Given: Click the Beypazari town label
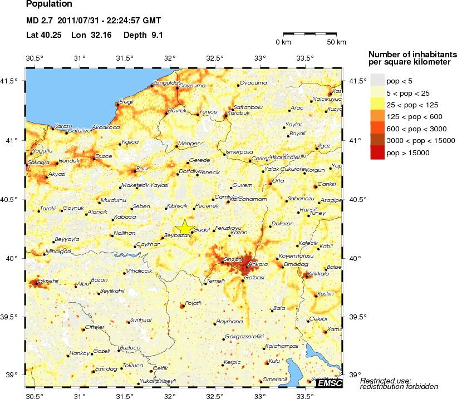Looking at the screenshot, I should pyautogui.click(x=179, y=237).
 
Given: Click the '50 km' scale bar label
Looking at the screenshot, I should pyautogui.click(x=336, y=42).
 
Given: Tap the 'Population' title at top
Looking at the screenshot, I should pyautogui.click(x=49, y=4).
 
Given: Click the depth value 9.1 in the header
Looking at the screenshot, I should pyautogui.click(x=156, y=35).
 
